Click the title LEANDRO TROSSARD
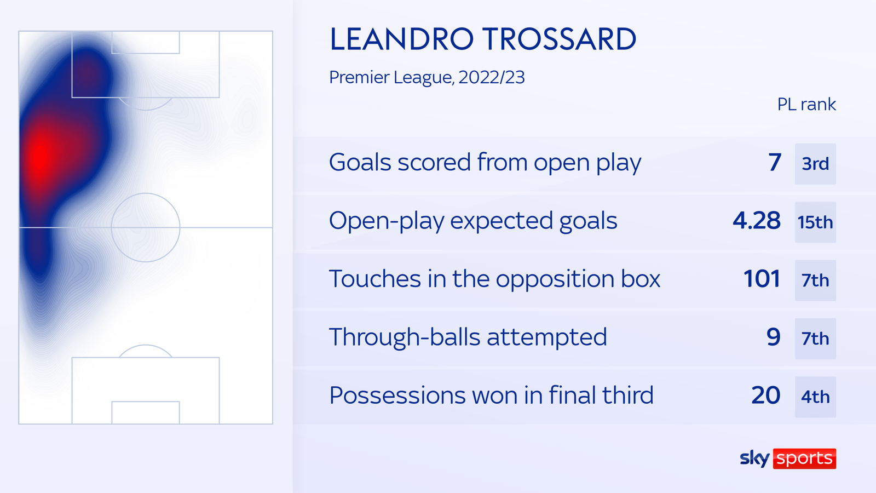click(482, 39)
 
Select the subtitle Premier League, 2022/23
click(427, 77)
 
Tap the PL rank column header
click(806, 104)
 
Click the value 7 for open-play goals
click(774, 163)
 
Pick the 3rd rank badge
click(815, 164)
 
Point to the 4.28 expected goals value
click(756, 221)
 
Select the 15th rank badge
click(815, 222)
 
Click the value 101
click(762, 279)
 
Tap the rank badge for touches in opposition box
click(815, 280)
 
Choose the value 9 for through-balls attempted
click(773, 337)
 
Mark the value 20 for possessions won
click(765, 395)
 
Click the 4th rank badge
click(815, 397)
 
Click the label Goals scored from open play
click(485, 163)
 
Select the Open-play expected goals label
click(472, 221)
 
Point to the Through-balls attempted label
click(468, 337)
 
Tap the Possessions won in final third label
click(491, 395)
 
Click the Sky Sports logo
click(787, 458)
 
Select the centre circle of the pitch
click(146, 227)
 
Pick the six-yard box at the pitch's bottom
click(146, 412)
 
